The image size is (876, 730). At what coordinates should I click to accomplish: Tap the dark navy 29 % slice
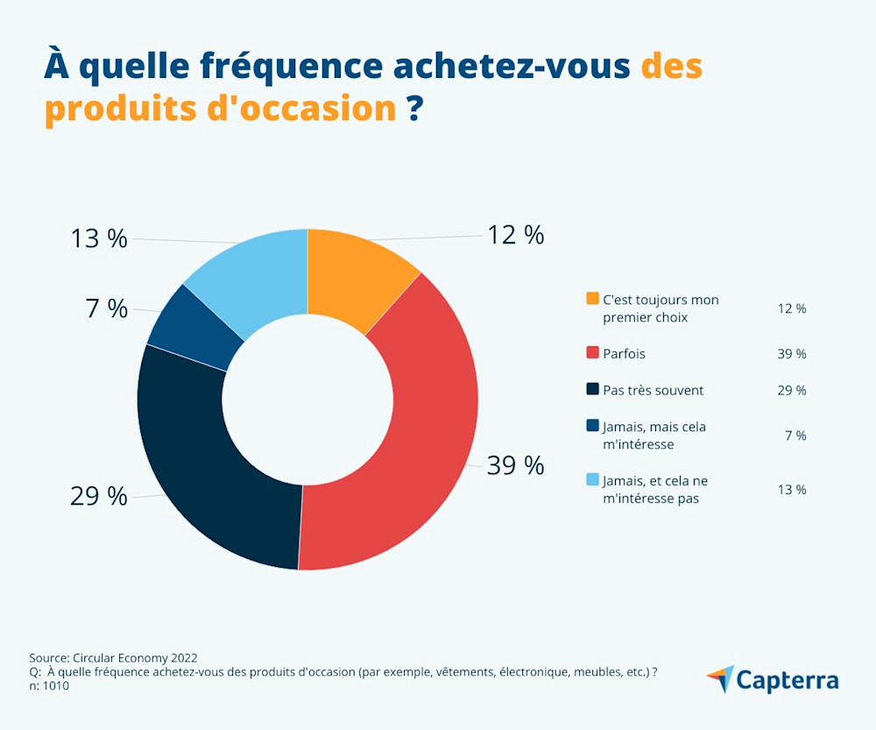click(210, 464)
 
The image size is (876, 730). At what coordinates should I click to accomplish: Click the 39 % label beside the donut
click(515, 465)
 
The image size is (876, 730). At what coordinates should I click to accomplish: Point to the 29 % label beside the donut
click(98, 496)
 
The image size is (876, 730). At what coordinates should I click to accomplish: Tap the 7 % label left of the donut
click(106, 308)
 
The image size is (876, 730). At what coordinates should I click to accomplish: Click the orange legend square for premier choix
click(593, 300)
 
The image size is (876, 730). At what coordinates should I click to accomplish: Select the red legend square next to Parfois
click(593, 353)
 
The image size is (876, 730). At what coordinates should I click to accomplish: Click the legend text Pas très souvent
click(653, 390)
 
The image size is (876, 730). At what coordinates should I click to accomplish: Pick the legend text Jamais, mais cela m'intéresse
click(654, 436)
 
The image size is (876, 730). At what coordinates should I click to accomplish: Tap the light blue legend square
click(593, 480)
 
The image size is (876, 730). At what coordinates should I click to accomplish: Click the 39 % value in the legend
click(791, 353)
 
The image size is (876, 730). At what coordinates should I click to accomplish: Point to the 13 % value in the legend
click(791, 489)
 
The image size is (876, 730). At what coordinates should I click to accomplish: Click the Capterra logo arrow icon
click(720, 678)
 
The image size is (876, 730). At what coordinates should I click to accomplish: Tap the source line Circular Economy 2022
click(113, 657)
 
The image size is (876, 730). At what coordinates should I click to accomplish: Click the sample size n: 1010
click(49, 686)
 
